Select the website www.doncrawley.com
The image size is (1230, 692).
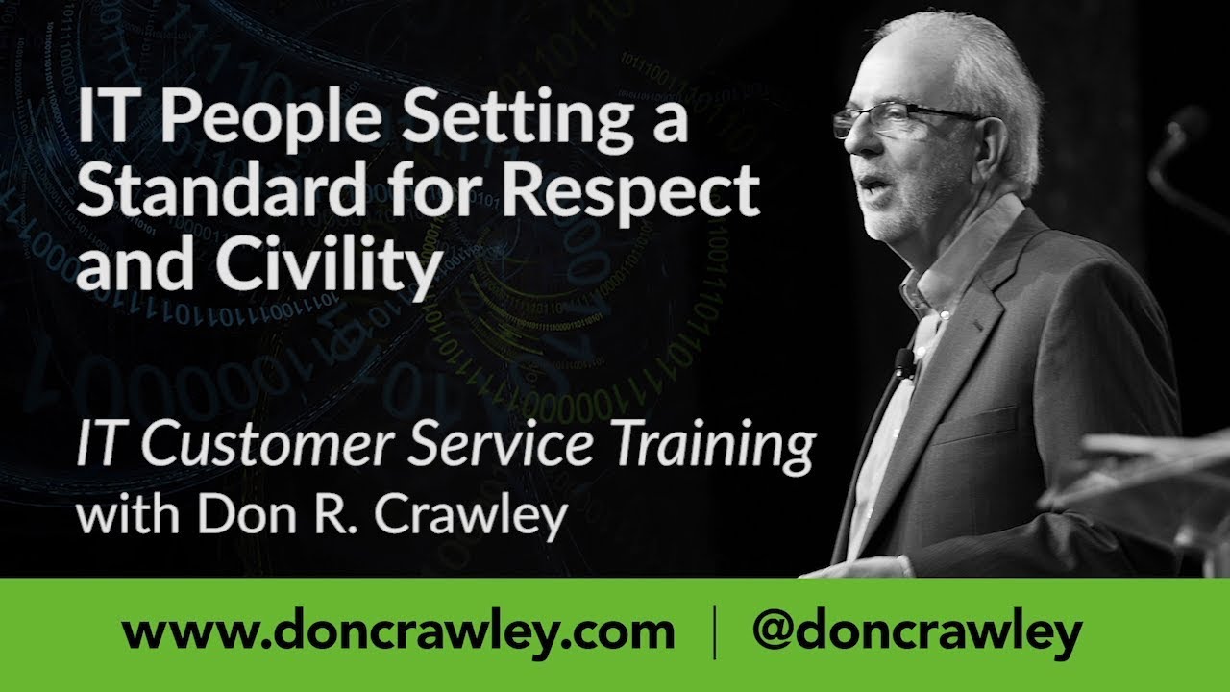[399, 634]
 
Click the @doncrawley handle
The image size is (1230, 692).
[918, 634]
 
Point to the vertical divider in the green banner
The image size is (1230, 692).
[714, 634]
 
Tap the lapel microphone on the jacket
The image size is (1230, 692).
[903, 361]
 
